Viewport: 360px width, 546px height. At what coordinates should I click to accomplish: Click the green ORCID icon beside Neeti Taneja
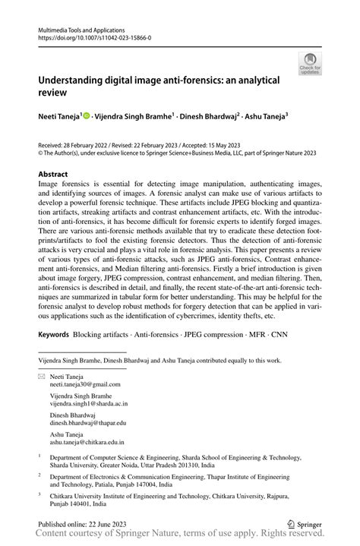tap(87, 115)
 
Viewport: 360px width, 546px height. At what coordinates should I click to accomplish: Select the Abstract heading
tap(52, 174)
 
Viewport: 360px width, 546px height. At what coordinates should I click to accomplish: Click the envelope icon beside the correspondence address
tap(42, 376)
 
